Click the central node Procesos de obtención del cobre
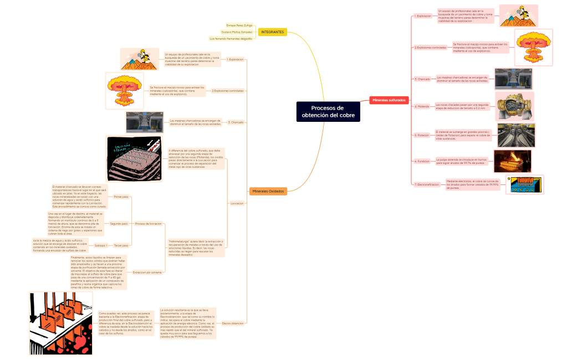328,111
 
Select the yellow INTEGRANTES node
272,32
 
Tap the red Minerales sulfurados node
389,100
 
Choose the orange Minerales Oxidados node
268,191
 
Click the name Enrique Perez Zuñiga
239,25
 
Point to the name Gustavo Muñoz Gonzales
237,32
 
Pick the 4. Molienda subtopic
422,106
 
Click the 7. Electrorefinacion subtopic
427,184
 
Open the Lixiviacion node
237,203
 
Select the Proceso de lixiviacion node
148,223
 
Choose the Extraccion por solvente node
147,272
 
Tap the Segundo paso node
119,223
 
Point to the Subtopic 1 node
100,244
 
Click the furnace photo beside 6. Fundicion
512,161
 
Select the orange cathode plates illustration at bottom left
60,323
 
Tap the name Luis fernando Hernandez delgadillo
231,39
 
